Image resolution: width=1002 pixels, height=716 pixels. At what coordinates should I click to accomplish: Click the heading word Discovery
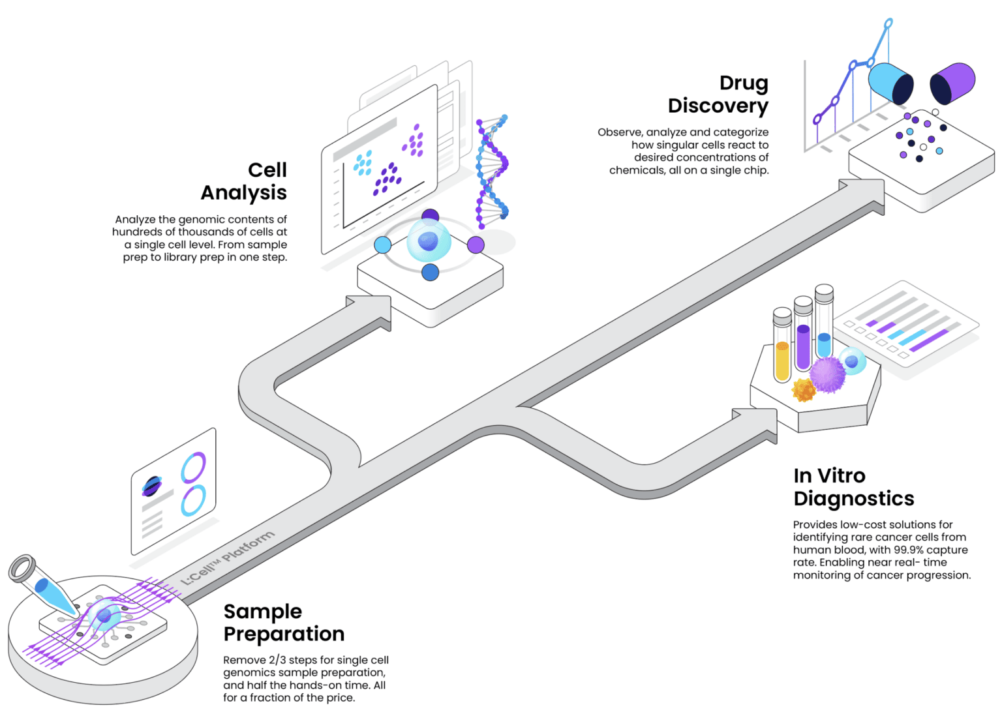718,107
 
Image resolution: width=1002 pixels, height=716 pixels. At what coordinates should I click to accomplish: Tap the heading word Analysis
244,193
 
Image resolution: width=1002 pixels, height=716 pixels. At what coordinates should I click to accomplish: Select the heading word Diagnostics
853,499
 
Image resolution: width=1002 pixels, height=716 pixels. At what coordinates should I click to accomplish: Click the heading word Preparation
284,634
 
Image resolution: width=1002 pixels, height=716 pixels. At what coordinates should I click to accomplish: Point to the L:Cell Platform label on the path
227,558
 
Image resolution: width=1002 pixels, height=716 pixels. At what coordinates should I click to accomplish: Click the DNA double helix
492,172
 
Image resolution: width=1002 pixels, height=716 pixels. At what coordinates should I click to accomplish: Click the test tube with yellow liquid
782,346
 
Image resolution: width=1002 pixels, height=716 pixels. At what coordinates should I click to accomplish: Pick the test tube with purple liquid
804,334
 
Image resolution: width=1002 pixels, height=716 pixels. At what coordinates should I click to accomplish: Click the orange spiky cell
804,390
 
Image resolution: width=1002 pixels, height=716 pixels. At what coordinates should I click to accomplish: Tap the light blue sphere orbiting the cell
382,245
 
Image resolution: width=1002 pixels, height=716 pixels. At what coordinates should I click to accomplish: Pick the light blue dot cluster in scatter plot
363,163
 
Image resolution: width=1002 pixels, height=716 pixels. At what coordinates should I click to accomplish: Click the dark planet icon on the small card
152,486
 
